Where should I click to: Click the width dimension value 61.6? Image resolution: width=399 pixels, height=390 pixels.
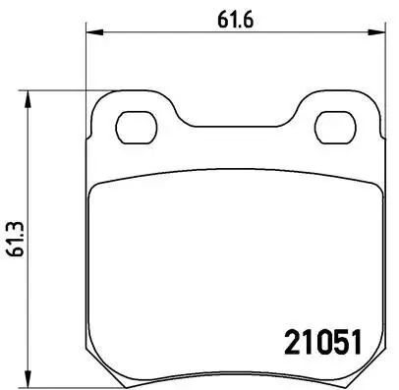pos(230,16)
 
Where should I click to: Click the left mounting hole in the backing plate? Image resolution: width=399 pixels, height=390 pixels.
pos(133,127)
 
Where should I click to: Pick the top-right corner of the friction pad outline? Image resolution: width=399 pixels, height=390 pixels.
pos(374,186)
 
